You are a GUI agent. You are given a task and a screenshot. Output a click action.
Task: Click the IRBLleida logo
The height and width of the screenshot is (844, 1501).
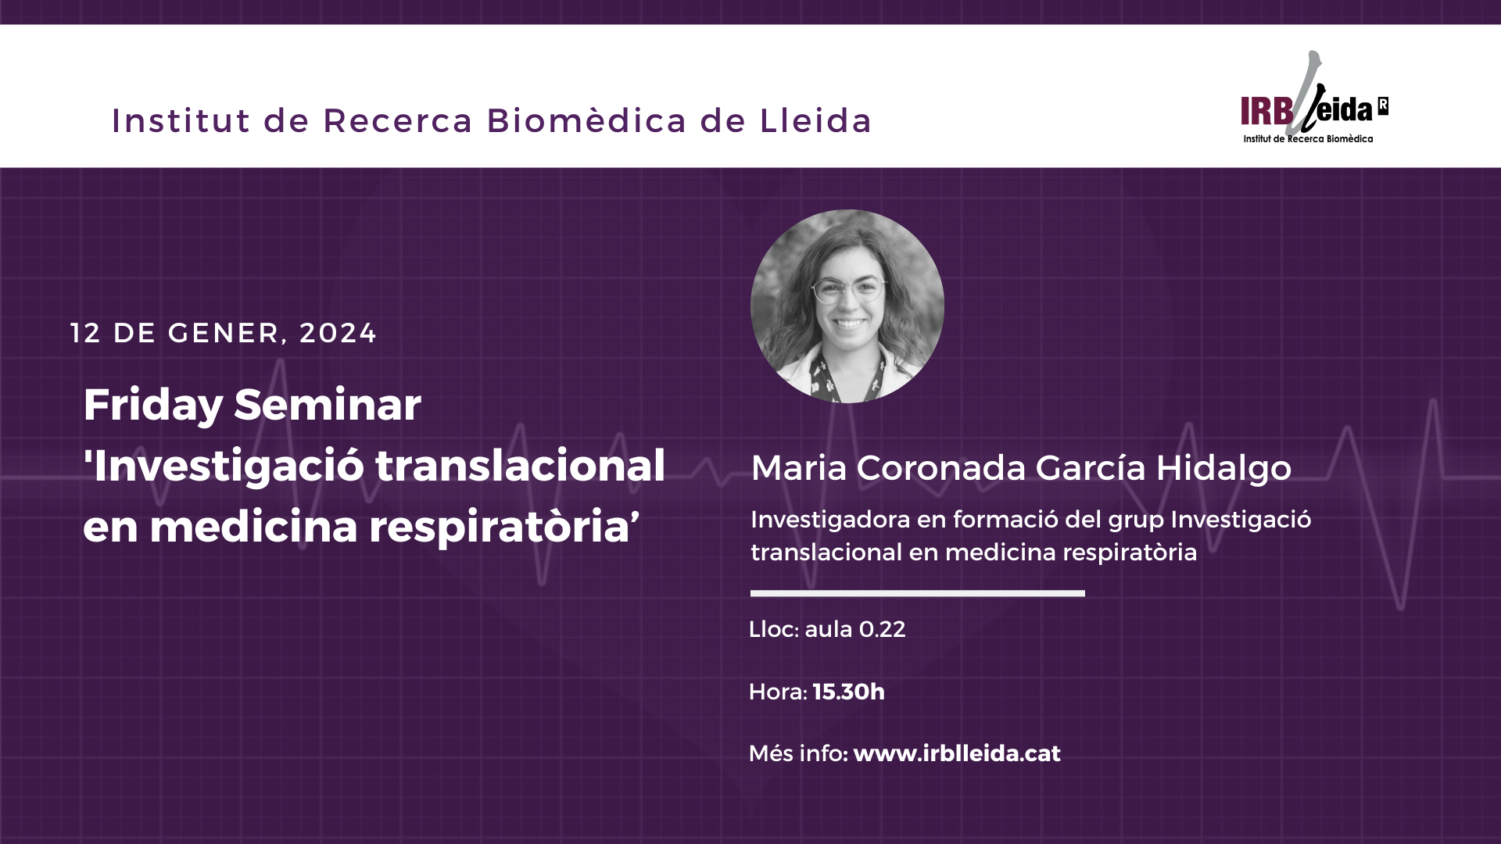click(x=1314, y=98)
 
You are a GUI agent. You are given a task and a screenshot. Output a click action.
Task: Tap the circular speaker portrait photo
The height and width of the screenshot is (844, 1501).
click(x=847, y=306)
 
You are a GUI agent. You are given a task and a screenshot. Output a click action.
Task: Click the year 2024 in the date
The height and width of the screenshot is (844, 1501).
click(x=338, y=333)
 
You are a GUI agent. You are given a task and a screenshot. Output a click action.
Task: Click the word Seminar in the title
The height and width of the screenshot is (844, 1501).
click(x=328, y=405)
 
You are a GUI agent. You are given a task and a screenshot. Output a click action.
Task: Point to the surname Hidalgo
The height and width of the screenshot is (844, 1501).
click(x=1223, y=468)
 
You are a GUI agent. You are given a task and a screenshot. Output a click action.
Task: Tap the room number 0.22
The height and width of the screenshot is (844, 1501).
click(x=882, y=629)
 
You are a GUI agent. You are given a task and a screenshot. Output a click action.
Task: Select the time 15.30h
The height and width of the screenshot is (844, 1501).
click(x=848, y=692)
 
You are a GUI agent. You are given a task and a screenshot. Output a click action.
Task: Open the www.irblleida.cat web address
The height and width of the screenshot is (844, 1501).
click(x=957, y=753)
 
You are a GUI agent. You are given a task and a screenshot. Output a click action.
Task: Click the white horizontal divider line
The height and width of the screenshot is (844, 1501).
click(x=918, y=593)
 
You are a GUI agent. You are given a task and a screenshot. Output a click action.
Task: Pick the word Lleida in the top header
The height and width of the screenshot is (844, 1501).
click(x=815, y=121)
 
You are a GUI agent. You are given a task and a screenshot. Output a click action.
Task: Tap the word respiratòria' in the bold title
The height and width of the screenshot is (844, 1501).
click(x=504, y=527)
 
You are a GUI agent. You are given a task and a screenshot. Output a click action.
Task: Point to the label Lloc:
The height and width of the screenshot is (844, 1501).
click(x=773, y=629)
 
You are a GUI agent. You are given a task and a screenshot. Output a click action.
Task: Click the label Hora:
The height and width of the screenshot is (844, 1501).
click(x=778, y=692)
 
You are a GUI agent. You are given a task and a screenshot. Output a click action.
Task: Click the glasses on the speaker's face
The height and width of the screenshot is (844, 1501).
click(x=849, y=291)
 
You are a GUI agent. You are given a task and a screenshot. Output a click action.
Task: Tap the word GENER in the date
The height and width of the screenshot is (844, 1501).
click(x=224, y=333)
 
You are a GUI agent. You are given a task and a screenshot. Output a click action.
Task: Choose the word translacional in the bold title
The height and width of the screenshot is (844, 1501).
click(x=520, y=466)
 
